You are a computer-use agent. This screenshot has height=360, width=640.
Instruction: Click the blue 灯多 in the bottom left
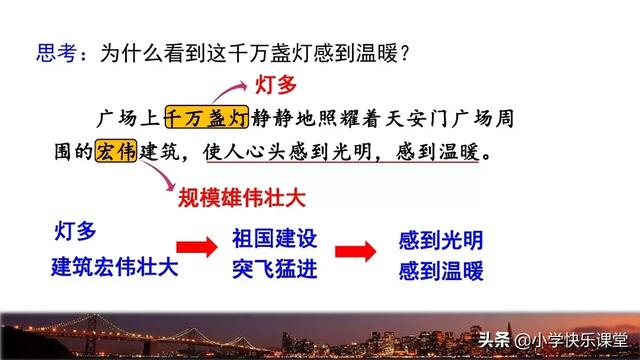pyautogui.click(x=76, y=233)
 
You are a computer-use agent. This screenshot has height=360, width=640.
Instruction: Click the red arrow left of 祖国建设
pyautogui.click(x=197, y=250)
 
